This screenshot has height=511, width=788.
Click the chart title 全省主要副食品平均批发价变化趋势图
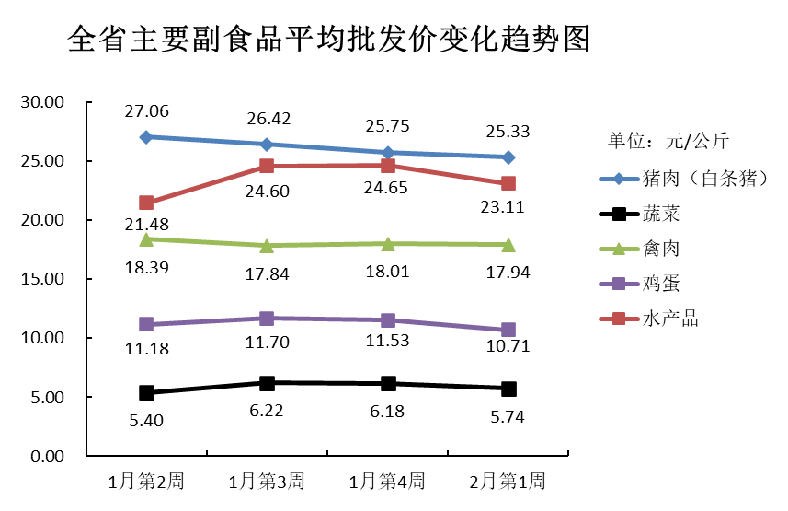click(x=328, y=41)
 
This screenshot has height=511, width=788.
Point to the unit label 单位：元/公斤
click(x=668, y=141)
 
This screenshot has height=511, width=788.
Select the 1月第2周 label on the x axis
click(x=146, y=481)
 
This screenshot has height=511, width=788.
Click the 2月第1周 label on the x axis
click(x=508, y=481)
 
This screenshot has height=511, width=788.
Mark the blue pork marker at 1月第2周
click(x=146, y=137)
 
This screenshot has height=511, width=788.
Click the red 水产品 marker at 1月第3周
click(x=267, y=166)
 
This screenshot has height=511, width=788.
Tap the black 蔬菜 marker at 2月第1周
click(x=508, y=389)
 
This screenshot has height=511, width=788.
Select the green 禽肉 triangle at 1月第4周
click(x=387, y=243)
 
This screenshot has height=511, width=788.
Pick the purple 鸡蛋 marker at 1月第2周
click(x=146, y=324)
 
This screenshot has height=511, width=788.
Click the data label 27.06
click(x=146, y=111)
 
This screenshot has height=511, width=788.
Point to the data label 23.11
click(x=508, y=208)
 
